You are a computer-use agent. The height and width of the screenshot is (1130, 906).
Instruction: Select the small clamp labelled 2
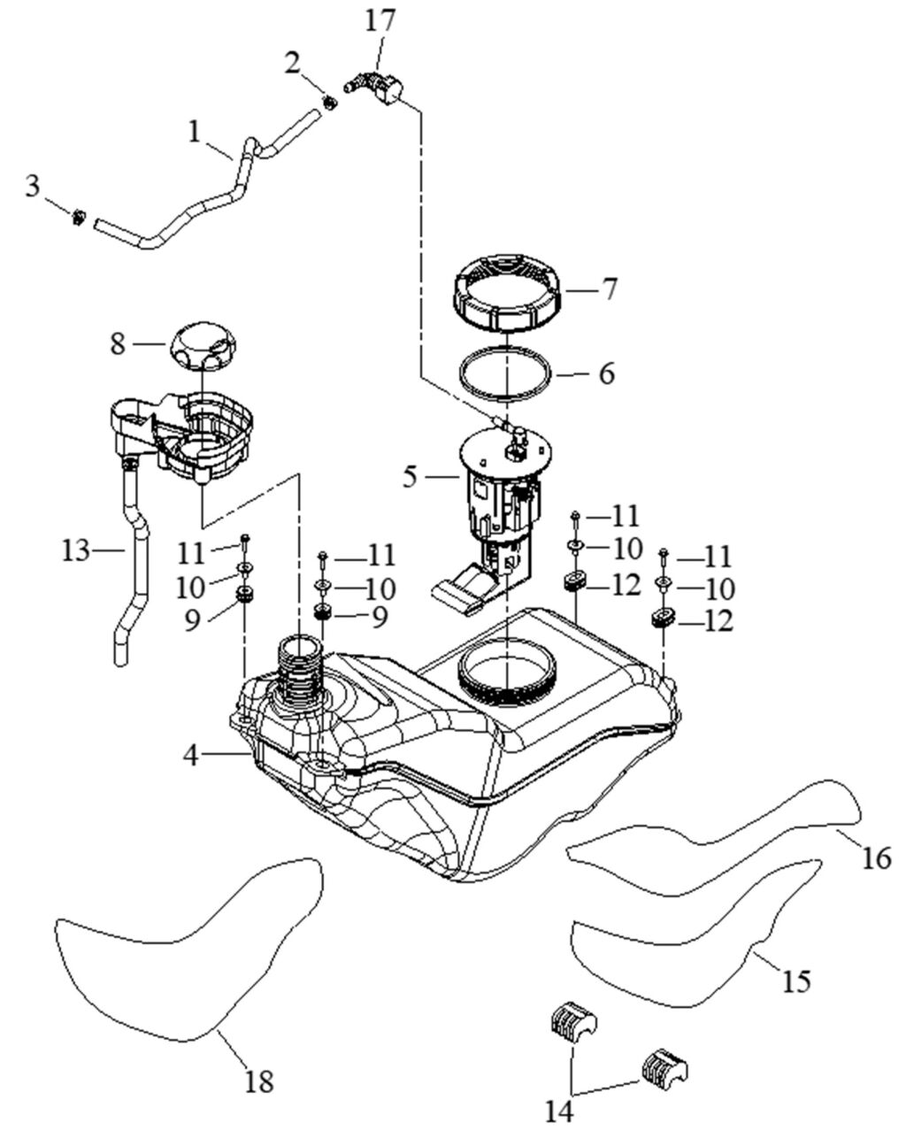329,103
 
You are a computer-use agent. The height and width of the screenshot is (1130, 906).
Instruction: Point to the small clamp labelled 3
79,216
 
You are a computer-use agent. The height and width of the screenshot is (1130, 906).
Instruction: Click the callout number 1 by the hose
194,133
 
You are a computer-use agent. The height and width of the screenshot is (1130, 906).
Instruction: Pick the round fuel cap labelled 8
203,349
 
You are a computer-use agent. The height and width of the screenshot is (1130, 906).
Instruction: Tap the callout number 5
409,478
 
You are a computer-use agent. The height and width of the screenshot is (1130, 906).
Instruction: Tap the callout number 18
260,1080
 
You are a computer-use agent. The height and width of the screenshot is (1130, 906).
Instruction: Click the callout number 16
877,857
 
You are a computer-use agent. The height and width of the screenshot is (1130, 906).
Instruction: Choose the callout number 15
797,980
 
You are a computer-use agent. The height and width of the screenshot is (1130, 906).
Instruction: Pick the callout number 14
558,1110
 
